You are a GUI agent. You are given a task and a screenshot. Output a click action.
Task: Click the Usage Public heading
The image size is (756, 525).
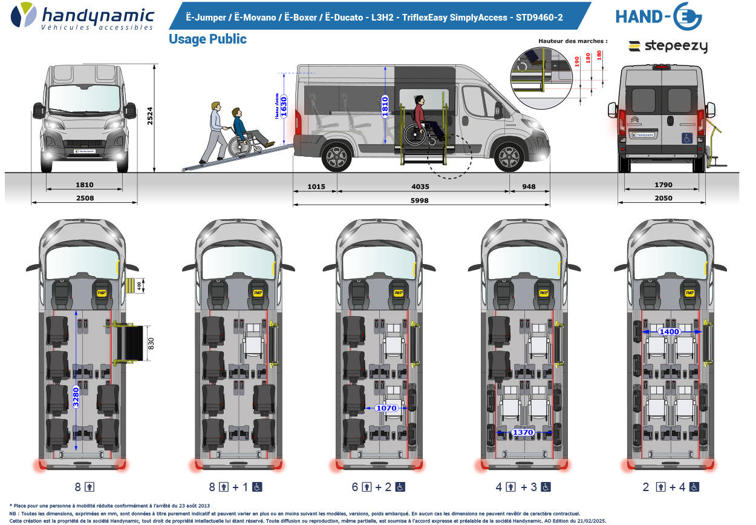(207, 39)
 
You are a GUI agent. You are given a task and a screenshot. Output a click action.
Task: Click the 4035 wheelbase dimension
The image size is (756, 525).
(422, 187)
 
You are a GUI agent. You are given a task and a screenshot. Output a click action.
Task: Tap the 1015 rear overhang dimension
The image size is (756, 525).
(315, 187)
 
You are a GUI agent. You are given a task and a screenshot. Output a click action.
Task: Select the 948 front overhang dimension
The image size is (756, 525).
(529, 187)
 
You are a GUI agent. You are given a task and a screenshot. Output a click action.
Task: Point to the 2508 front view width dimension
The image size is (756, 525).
(84, 199)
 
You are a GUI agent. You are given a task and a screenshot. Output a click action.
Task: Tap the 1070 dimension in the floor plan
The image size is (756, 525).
(386, 408)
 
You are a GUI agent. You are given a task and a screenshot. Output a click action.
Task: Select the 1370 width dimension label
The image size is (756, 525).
(523, 432)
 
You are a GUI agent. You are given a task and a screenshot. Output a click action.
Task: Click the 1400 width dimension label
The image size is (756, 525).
(670, 331)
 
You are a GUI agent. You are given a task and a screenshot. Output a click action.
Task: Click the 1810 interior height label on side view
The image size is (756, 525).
(385, 107)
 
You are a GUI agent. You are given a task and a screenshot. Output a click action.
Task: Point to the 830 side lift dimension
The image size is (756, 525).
(152, 344)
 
